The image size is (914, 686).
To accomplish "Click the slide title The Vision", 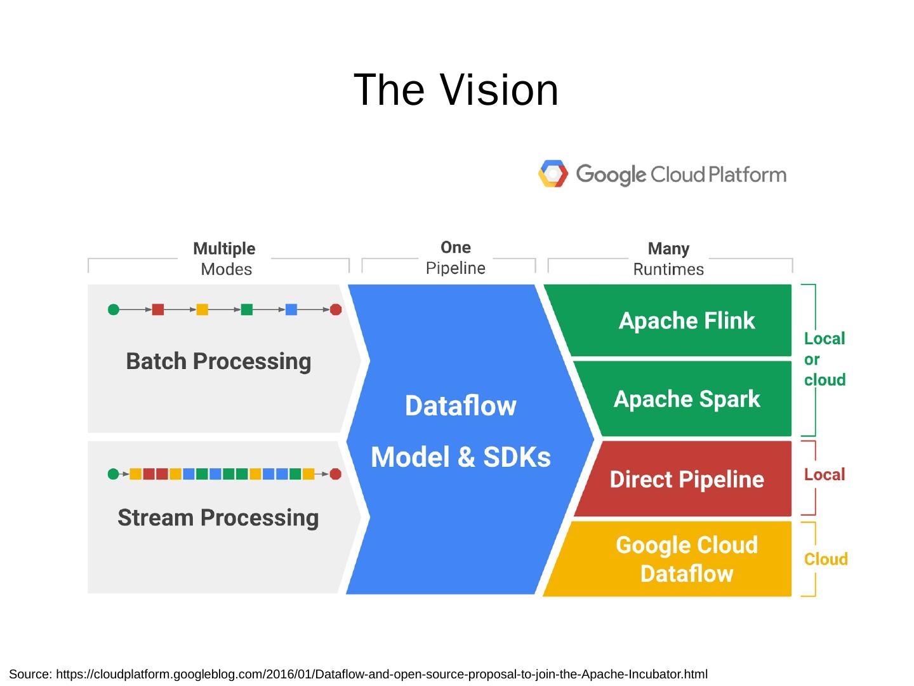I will (456, 90).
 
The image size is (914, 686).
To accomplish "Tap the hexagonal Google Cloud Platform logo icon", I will (552, 174).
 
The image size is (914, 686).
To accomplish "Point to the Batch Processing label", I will (218, 361).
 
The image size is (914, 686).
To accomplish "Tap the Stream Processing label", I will (218, 518).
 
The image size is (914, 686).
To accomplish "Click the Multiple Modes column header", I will (225, 259).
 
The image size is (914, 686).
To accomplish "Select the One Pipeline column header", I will (455, 257).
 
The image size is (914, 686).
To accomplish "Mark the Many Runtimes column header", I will (668, 259).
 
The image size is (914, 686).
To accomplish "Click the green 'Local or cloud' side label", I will (825, 360).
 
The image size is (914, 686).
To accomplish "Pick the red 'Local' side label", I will (825, 474).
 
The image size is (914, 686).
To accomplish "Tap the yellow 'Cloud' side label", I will (826, 559).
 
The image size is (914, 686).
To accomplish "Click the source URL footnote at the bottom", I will (359, 674).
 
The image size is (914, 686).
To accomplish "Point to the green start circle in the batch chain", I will (114, 310).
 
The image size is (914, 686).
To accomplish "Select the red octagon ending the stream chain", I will (336, 474).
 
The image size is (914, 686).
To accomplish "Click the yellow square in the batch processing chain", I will (202, 310).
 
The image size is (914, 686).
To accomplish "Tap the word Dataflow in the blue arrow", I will (461, 406).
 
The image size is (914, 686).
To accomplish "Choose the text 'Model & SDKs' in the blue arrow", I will (461, 457).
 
